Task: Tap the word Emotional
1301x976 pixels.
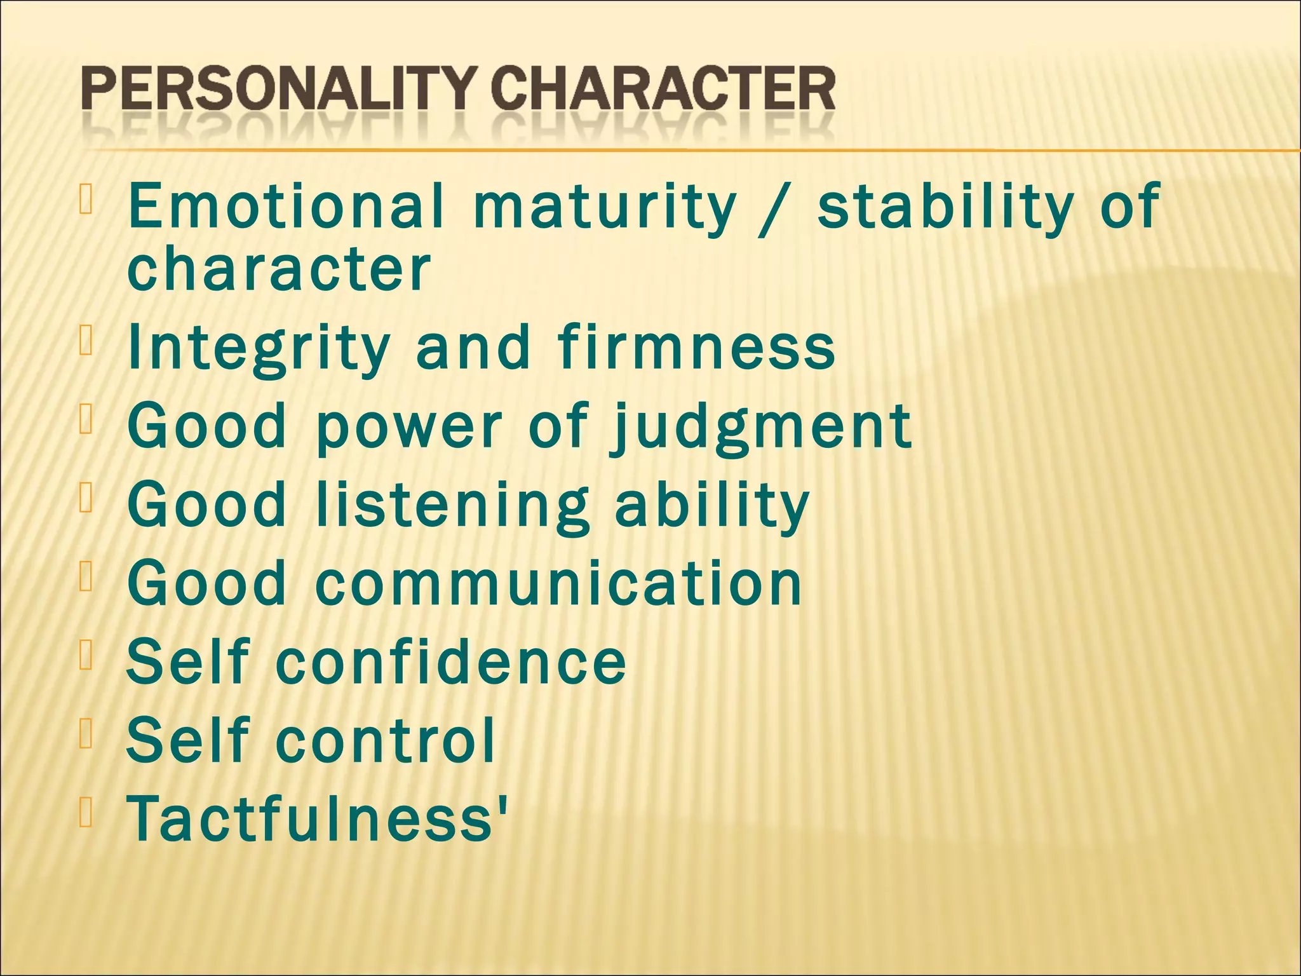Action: tap(285, 205)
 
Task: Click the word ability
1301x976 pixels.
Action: tap(711, 505)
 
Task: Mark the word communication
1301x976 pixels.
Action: tap(558, 583)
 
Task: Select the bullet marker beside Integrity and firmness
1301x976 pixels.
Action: tap(86, 340)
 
